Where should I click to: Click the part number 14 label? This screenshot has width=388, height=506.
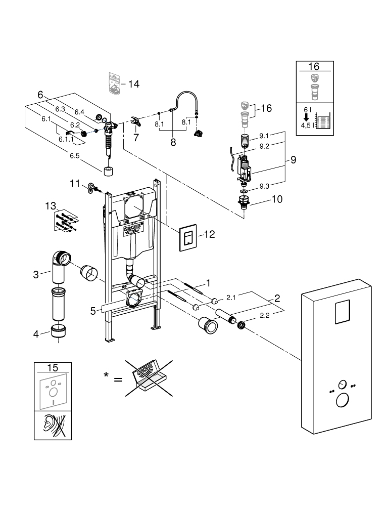pos(134,84)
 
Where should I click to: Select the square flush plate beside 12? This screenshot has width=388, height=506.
pos(189,238)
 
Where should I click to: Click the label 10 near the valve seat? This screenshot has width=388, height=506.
pos(277,199)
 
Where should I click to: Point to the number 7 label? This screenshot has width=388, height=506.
pos(135,137)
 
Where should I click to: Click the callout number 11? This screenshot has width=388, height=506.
pos(75,184)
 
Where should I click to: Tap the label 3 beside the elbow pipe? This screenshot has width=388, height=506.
pos(36,275)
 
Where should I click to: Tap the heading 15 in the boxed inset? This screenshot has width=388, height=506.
pos(52,368)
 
